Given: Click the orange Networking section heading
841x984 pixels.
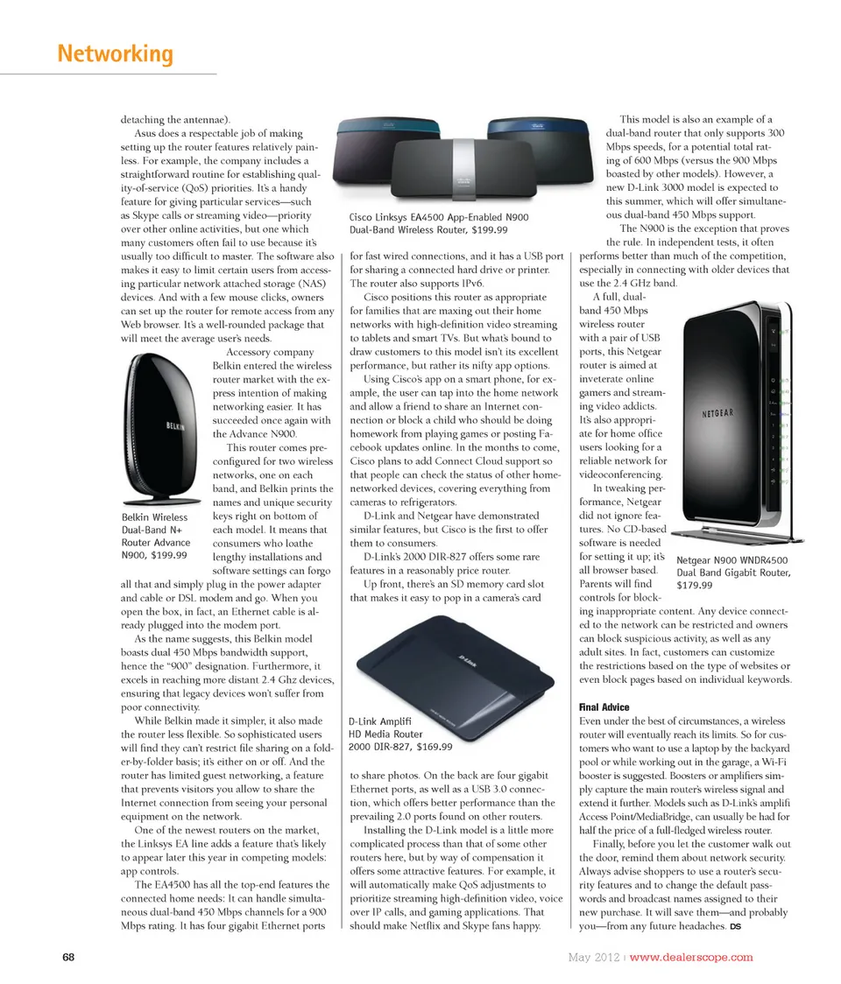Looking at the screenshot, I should point(115,54).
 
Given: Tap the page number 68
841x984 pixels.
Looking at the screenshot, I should point(68,956).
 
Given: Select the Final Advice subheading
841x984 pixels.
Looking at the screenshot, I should point(605,706).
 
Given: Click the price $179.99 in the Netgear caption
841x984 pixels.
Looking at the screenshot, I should point(696,586).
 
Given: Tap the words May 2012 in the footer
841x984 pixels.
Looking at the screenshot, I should point(588,956).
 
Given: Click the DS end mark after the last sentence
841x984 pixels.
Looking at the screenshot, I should point(735,927).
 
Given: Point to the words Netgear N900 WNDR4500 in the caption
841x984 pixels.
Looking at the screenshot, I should point(732,560).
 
